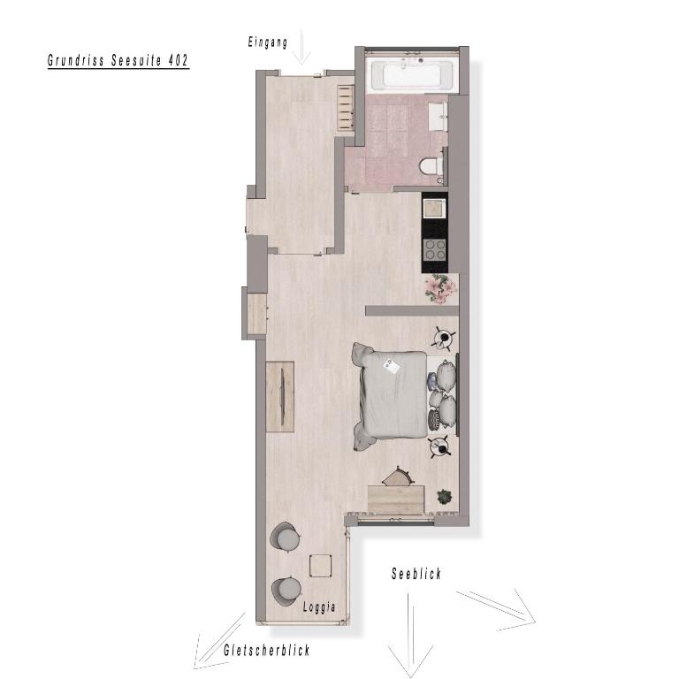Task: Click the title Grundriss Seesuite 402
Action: [x=118, y=60]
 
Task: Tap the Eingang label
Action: [x=268, y=42]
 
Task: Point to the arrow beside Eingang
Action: [x=301, y=47]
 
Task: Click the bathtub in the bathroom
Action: [x=411, y=75]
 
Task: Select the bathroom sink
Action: [x=439, y=116]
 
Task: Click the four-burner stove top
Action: [x=435, y=249]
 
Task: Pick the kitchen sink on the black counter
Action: [x=434, y=210]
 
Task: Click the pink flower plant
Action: [x=440, y=288]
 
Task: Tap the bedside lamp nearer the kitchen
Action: [x=443, y=339]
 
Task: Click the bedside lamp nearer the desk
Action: [x=441, y=446]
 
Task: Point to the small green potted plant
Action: [x=445, y=497]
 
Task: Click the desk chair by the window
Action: [x=398, y=477]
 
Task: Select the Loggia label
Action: [x=319, y=607]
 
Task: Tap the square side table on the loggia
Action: [x=321, y=566]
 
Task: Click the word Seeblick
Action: [x=416, y=573]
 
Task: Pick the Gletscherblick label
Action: [x=267, y=650]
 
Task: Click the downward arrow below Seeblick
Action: [x=409, y=636]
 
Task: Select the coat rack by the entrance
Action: [x=346, y=107]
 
